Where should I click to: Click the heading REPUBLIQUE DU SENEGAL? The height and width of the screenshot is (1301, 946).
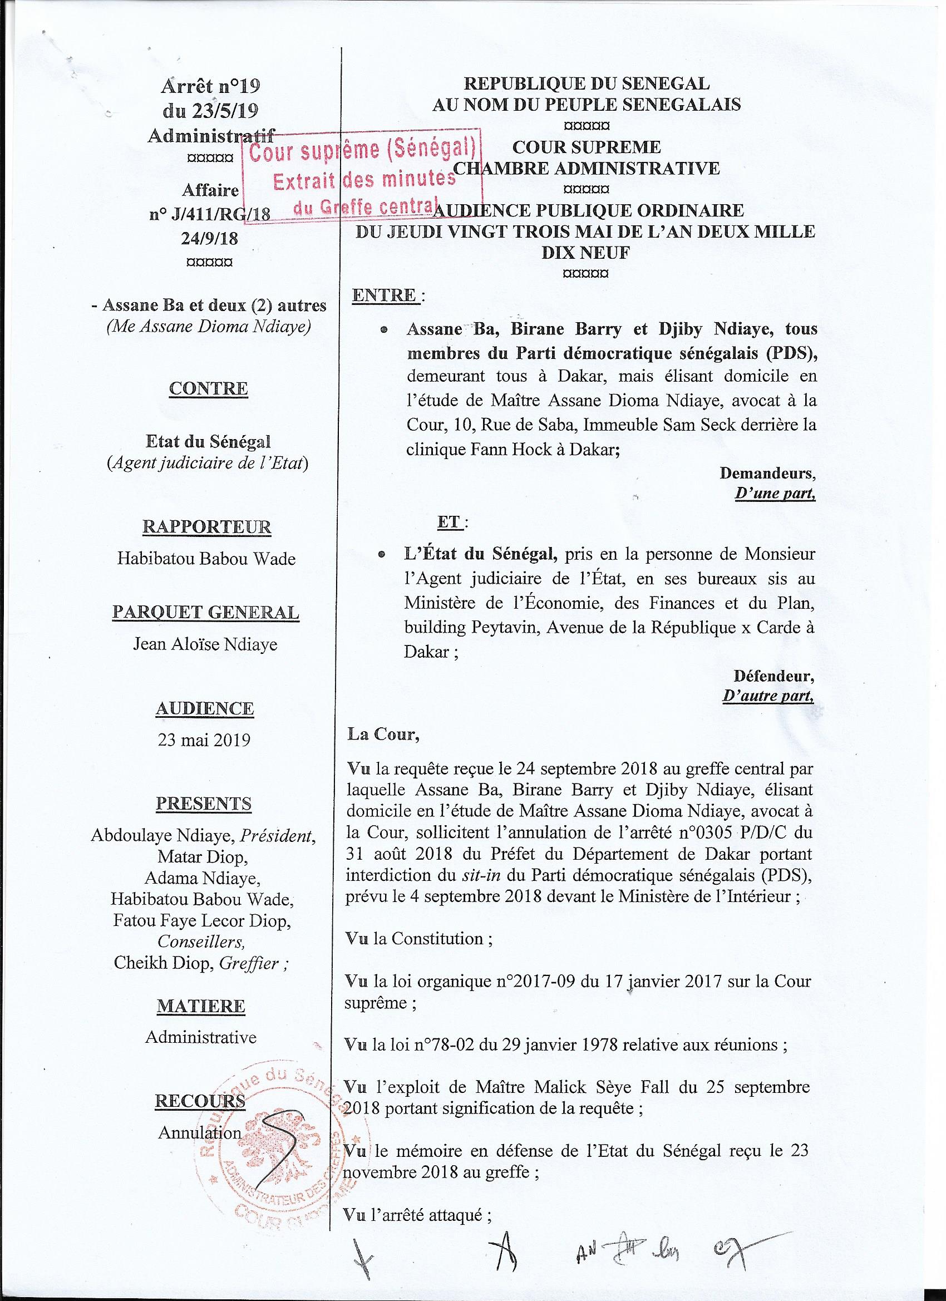[586, 84]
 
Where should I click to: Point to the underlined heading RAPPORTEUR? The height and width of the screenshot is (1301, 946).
[206, 526]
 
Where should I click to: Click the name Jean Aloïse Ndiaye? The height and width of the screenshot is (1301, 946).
[205, 644]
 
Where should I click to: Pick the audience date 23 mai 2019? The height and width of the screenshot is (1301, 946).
[204, 740]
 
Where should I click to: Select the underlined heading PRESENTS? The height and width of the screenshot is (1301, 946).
[204, 804]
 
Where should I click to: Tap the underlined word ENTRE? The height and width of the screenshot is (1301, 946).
[385, 295]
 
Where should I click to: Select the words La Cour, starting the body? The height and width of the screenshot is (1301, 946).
[383, 735]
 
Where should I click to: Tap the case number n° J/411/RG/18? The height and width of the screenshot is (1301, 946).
[210, 215]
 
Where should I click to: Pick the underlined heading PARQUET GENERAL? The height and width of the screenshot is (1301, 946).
[205, 613]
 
